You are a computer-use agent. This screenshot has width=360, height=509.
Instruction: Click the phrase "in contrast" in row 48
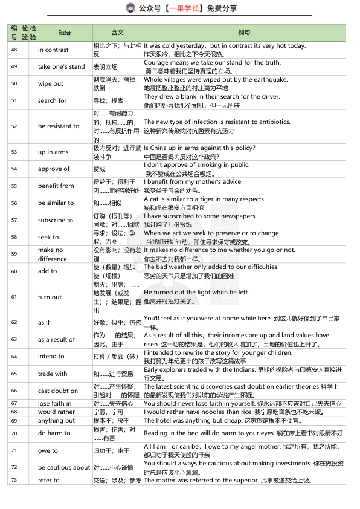click(53, 50)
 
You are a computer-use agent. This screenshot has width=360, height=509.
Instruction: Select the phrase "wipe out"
click(50, 84)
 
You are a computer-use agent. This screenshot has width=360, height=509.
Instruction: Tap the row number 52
click(14, 126)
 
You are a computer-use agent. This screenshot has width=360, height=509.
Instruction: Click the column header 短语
click(65, 32)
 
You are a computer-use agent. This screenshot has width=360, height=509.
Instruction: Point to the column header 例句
click(244, 32)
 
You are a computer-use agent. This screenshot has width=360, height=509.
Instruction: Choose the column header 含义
click(117, 32)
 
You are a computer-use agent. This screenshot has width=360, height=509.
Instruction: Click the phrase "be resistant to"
click(58, 126)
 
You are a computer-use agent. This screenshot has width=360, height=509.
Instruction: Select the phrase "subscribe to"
click(56, 220)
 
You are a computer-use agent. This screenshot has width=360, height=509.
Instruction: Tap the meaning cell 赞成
click(99, 169)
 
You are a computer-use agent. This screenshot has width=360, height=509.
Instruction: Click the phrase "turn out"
click(50, 297)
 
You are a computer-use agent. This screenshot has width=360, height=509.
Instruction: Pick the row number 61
click(14, 297)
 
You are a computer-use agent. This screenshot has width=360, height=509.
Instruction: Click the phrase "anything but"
click(56, 421)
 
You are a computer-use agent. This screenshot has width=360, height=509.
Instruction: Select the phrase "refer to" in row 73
click(48, 481)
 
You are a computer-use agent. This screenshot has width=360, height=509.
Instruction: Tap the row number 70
click(14, 433)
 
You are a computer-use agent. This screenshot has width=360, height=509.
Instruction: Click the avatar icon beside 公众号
click(130, 8)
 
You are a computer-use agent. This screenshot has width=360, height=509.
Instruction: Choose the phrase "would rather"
click(56, 412)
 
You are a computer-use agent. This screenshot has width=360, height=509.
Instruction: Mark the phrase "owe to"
click(48, 451)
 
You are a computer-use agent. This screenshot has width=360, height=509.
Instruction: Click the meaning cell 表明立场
click(106, 67)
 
